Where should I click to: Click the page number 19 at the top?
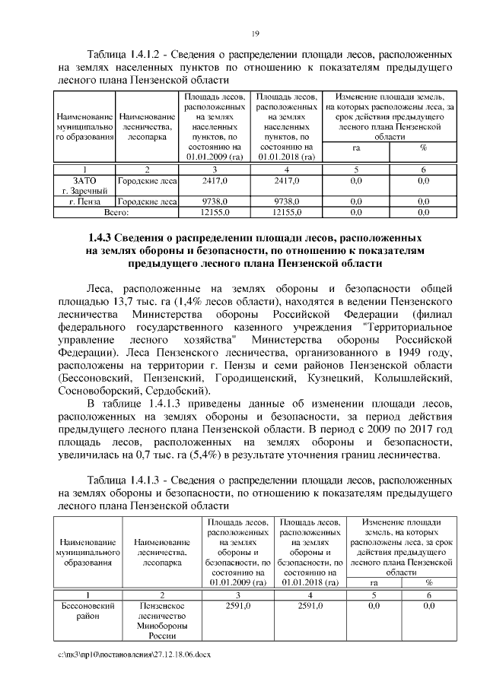point(256,32)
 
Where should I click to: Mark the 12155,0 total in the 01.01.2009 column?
point(215,212)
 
